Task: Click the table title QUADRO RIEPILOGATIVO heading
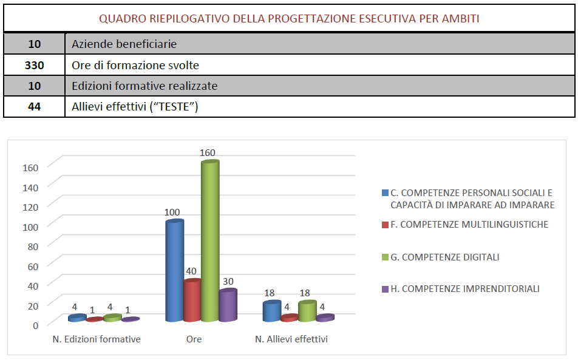289,18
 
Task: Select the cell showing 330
34,65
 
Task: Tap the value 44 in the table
34,107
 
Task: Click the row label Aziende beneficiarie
124,44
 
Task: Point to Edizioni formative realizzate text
144,86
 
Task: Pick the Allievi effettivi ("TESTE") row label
135,107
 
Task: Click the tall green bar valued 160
210,243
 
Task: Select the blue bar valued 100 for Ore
174,272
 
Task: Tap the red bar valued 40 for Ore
192,301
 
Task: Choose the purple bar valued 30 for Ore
228,306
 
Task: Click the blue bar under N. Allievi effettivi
272,311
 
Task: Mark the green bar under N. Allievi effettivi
308,311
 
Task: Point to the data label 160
208,153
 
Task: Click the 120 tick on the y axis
31,206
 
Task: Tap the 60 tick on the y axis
33,265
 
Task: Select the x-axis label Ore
194,339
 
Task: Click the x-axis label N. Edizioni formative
97,339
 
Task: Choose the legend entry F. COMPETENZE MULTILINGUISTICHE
469,225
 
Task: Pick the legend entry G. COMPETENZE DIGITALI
445,257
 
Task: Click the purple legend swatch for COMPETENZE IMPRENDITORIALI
385,290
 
